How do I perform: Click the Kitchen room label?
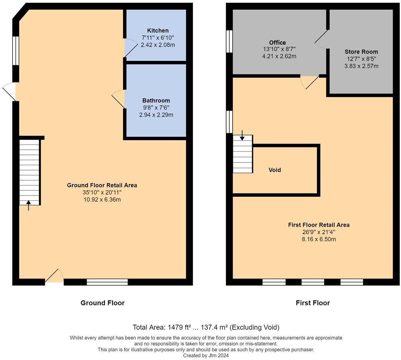coord(158,31)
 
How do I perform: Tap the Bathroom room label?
coord(156,101)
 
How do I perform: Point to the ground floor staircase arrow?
coord(29,205)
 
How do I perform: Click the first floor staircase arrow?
coord(242,138)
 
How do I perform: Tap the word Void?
coord(275,170)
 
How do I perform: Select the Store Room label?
coord(361,52)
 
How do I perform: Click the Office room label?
coord(277,43)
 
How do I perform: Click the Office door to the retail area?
coord(310,81)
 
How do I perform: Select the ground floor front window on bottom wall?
coord(107,282)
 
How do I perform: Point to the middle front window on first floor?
coord(313,282)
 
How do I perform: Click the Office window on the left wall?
coord(229,41)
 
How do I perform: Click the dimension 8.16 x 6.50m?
coord(319,239)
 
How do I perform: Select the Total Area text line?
coord(206,327)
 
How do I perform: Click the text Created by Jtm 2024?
coord(206,355)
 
